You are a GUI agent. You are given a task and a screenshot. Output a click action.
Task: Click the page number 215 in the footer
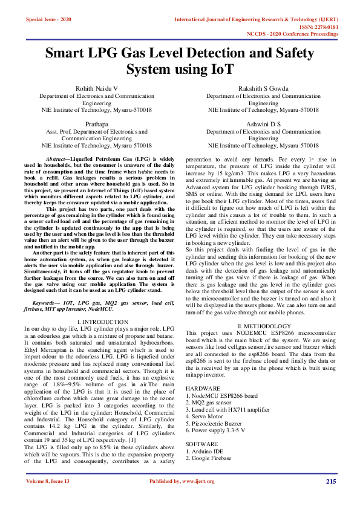tap(330, 481)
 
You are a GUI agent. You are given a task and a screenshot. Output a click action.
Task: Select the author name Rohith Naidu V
tap(96, 88)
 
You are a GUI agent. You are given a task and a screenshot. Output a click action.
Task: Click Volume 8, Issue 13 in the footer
tap(48, 481)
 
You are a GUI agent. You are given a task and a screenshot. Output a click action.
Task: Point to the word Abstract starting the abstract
tap(57, 158)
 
